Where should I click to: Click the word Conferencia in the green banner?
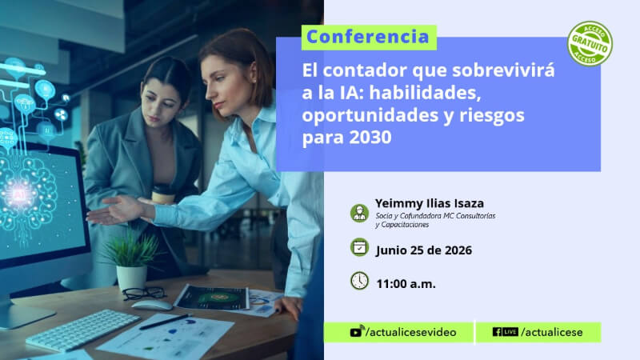pyautogui.click(x=368, y=37)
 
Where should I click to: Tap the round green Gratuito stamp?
pyautogui.click(x=590, y=44)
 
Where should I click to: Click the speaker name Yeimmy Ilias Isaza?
pyautogui.click(x=430, y=203)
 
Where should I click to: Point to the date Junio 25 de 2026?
pyautogui.click(x=424, y=250)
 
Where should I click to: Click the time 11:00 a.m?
pyautogui.click(x=406, y=284)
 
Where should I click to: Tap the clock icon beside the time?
pyautogui.click(x=359, y=281)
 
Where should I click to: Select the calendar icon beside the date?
pyautogui.click(x=359, y=247)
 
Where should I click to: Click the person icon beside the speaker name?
pyautogui.click(x=359, y=213)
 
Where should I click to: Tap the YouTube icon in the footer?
pyautogui.click(x=356, y=331)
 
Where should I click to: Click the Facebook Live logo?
pyautogui.click(x=506, y=332)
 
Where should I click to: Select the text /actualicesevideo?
pyautogui.click(x=411, y=332)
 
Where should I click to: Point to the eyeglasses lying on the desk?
pyautogui.click(x=145, y=293)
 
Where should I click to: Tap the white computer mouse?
pyautogui.click(x=152, y=306)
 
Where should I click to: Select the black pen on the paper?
pyautogui.click(x=166, y=322)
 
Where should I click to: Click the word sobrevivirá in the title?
pyautogui.click(x=503, y=70)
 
